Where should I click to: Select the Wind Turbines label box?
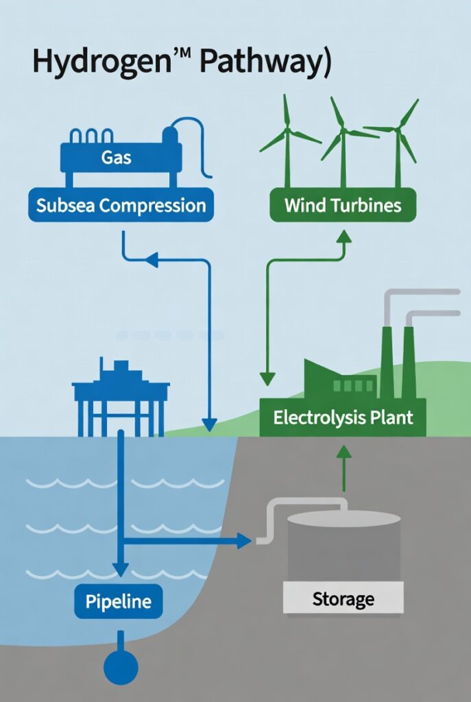click(342, 204)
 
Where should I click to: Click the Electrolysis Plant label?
click(343, 418)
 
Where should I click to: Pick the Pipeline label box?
click(119, 602)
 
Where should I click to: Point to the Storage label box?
click(343, 598)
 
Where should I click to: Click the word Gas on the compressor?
click(117, 158)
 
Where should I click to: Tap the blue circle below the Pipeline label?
click(120, 666)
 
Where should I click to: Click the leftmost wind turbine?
click(287, 137)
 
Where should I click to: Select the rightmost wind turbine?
click(397, 137)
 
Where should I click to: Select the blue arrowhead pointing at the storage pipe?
click(243, 541)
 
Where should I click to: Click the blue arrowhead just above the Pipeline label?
click(120, 570)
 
